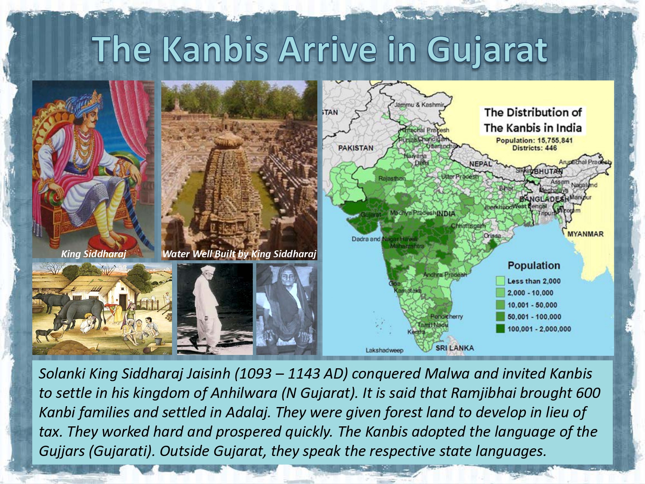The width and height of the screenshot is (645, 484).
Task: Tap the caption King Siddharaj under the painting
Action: (93, 254)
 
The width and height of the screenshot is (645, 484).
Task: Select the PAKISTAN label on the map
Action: (356, 148)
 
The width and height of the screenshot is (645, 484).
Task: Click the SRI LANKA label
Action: (455, 348)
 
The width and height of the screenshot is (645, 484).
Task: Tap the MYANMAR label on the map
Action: (585, 234)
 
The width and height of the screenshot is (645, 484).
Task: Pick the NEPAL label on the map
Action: (480, 164)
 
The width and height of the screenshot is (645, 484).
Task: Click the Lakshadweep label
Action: (384, 350)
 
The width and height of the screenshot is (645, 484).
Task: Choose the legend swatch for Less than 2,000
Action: (500, 281)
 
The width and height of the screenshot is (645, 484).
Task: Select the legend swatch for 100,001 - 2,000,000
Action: (500, 329)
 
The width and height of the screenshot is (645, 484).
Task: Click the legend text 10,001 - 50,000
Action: (532, 305)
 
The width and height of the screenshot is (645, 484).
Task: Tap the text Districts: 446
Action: (534, 148)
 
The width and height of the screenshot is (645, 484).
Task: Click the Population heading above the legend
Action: (534, 265)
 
